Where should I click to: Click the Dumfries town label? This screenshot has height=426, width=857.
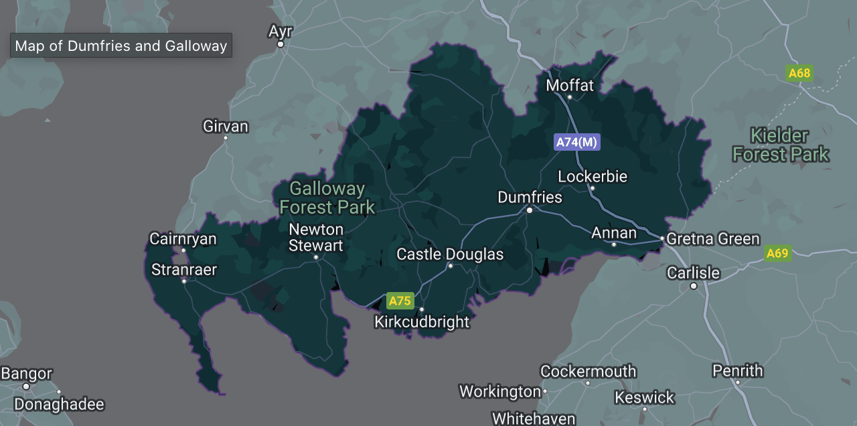(530, 198)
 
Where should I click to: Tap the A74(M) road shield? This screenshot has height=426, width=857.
(577, 142)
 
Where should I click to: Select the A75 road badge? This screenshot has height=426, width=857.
(400, 301)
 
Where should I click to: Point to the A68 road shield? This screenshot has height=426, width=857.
(799, 73)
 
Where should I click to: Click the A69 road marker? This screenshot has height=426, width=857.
(777, 253)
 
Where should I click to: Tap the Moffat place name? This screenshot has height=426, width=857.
(570, 86)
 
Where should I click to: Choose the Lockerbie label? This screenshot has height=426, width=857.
(593, 177)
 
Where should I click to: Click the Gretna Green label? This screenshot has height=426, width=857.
(714, 239)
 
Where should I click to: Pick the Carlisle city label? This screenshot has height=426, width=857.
(693, 273)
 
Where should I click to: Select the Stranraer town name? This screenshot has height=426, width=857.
(184, 270)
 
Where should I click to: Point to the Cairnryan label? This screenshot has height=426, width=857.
(183, 239)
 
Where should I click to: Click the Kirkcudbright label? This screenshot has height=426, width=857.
(422, 322)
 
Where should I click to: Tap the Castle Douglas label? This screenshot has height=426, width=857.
(450, 255)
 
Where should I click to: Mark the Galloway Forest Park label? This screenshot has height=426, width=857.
(327, 198)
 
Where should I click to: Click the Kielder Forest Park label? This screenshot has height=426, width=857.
(780, 145)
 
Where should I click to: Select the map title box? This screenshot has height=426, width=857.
(121, 46)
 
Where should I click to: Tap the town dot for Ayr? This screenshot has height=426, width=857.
(281, 44)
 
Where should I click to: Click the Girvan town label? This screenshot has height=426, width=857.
(226, 127)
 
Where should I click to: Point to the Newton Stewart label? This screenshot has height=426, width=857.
(316, 238)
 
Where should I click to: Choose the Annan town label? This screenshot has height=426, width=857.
(614, 233)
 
